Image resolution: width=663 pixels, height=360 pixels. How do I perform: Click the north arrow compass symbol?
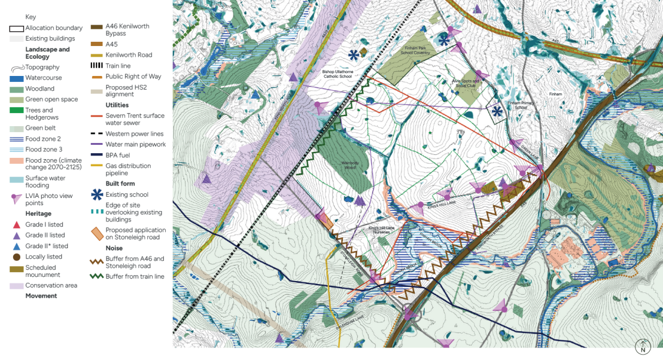point(643,346)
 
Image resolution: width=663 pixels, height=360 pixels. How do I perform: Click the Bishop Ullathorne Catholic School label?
point(339,74)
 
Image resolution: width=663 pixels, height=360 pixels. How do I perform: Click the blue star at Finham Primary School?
point(497,111)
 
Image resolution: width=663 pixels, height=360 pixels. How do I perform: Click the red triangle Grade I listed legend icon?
point(17,225)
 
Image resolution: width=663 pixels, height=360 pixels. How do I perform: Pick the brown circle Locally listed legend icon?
point(17,257)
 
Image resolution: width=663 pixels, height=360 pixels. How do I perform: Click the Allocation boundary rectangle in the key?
point(17,28)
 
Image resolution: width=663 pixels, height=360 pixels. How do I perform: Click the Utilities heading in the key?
point(117,105)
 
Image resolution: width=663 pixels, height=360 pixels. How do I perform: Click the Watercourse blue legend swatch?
point(17,78)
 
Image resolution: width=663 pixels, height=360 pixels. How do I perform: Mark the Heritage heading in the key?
point(38,213)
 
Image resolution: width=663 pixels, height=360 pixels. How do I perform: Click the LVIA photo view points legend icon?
point(17,198)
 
